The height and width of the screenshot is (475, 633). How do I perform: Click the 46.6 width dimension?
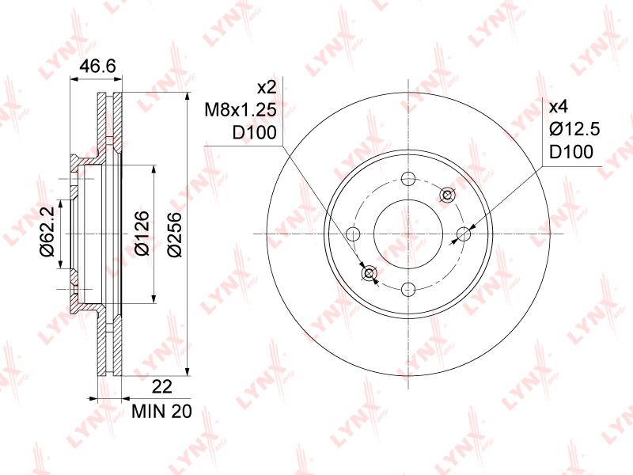tap(97, 66)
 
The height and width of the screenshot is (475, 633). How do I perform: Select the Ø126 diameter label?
tap(142, 233)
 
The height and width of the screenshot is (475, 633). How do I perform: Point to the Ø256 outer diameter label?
tap(176, 234)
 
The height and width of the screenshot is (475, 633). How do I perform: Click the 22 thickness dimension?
tap(162, 386)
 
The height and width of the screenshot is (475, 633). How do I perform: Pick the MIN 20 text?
tap(162, 411)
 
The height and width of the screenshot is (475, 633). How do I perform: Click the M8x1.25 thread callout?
tap(241, 110)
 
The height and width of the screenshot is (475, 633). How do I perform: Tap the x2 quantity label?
tap(267, 87)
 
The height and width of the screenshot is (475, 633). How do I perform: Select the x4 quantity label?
tap(559, 107)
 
